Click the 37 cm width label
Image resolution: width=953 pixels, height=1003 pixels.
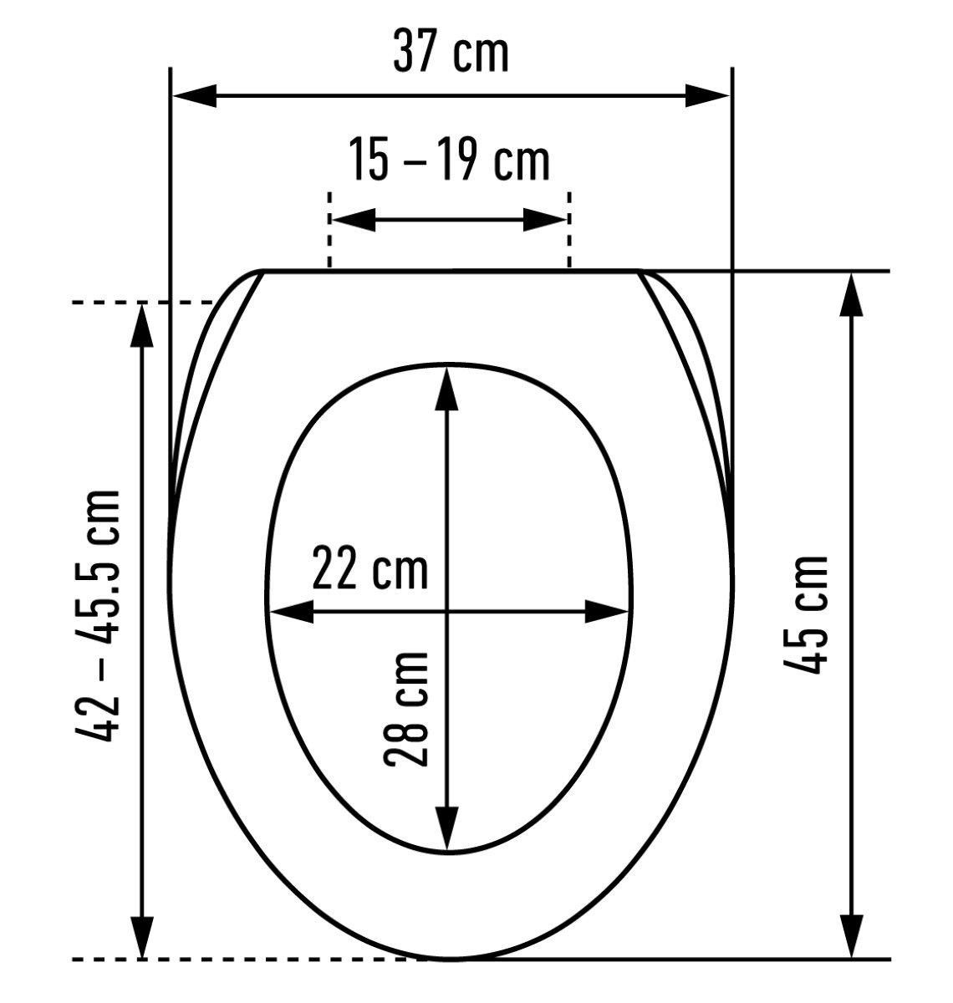(451, 52)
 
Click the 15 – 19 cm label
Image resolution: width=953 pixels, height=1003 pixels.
(449, 160)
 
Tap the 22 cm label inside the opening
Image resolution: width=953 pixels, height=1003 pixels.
(370, 568)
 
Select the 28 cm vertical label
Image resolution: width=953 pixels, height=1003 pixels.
(405, 710)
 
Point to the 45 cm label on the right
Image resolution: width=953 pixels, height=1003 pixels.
(805, 615)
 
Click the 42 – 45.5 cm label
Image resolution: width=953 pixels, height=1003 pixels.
(98, 616)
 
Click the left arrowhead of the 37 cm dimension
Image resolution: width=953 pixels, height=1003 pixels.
(195, 96)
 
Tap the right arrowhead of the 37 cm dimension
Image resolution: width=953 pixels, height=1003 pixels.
(707, 96)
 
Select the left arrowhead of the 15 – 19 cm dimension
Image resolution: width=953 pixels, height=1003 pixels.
(354, 220)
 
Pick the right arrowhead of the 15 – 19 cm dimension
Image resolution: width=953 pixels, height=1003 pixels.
(545, 220)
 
